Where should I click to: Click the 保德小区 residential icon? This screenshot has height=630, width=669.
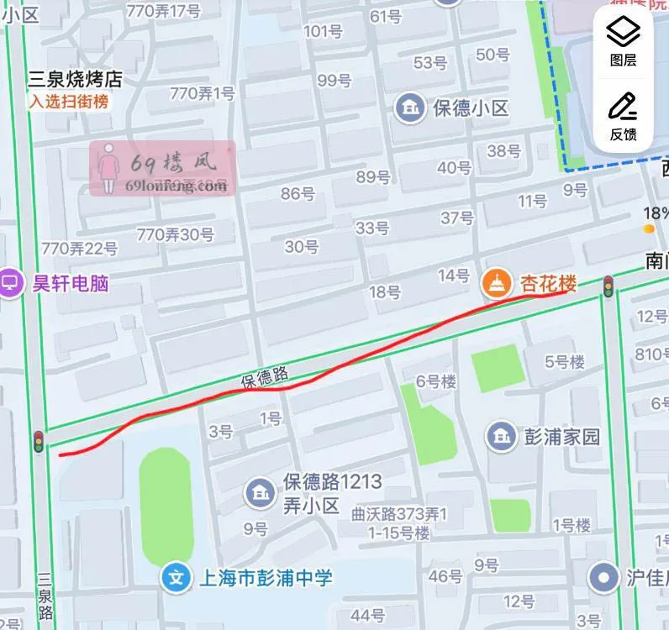[x=410, y=108]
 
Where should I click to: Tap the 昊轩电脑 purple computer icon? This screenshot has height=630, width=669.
[x=12, y=283]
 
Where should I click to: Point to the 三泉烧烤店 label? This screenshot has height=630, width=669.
[x=75, y=80]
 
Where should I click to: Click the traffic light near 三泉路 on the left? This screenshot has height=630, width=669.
[x=38, y=441]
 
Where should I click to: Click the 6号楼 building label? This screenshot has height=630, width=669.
[x=436, y=381]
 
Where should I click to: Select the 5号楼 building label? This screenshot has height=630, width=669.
[x=564, y=362]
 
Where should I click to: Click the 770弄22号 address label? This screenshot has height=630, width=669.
[x=80, y=248]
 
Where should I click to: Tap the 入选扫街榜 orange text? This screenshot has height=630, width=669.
[x=69, y=102]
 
